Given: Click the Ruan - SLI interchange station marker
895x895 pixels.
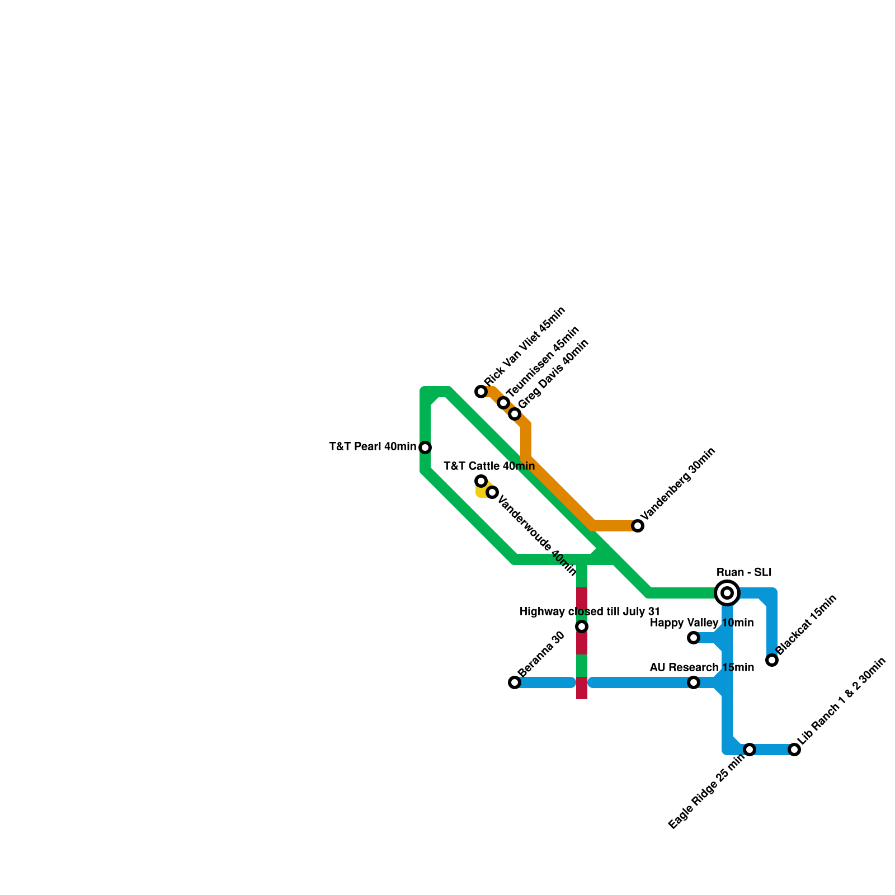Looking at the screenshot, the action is point(727,593).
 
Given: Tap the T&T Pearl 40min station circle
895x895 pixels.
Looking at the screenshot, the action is point(425,447).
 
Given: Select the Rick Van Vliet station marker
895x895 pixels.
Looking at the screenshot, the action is point(481,392).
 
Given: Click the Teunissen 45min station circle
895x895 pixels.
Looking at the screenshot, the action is point(503,403).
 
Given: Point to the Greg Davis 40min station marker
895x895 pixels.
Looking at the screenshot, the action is point(515,414).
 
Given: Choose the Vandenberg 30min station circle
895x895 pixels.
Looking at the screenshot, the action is point(638,526).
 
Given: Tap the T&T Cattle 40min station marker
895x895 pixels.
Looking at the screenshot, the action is point(481,481).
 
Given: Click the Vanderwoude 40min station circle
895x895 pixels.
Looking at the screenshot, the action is point(492,492).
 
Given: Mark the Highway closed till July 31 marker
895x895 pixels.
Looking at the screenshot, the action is point(582,626).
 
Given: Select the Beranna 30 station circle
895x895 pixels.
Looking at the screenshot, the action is point(515,682).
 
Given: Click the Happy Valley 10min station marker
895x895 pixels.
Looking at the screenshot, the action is point(694,638).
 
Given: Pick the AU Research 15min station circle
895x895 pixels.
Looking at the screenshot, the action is point(694,682).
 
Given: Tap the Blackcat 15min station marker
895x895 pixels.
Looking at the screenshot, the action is point(772,660).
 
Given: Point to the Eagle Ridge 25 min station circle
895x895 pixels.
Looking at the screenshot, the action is point(750,750).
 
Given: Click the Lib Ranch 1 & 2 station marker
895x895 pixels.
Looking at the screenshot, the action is point(794,750).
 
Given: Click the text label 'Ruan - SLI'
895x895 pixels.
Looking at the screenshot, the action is point(744,572).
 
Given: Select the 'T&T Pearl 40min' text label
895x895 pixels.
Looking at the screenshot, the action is point(373,447).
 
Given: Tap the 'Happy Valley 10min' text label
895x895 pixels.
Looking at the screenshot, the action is point(701,623).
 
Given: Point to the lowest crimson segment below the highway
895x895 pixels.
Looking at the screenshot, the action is point(582,688).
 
